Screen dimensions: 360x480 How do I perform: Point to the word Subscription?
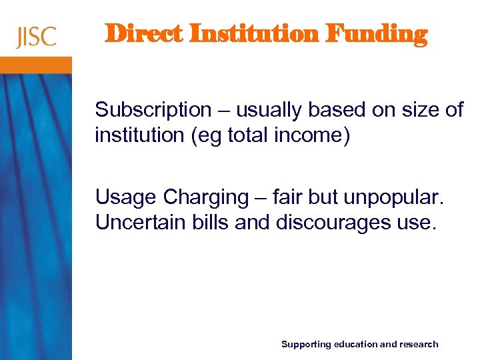coord(153,110)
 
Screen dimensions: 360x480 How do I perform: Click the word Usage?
coord(125,197)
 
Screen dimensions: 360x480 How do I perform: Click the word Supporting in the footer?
coord(306,345)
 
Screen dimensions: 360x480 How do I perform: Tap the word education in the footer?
coord(355,345)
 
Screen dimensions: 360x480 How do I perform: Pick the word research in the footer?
coord(419,345)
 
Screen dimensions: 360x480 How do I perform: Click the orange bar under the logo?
coord(36,65)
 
